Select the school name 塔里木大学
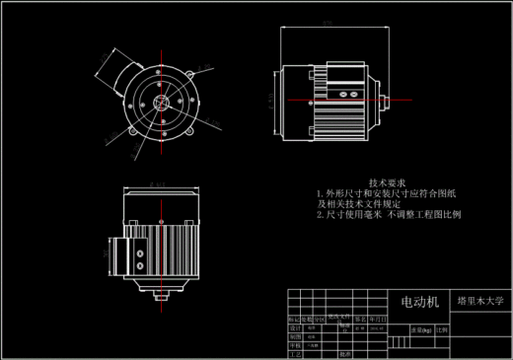pos(480,301)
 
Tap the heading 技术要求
pos(387,183)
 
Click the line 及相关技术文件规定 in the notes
pos(361,203)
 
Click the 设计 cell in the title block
pos(293,328)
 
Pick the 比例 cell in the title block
pos(440,330)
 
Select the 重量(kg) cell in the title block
pos(417,330)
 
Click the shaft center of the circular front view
pos(158,101)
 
